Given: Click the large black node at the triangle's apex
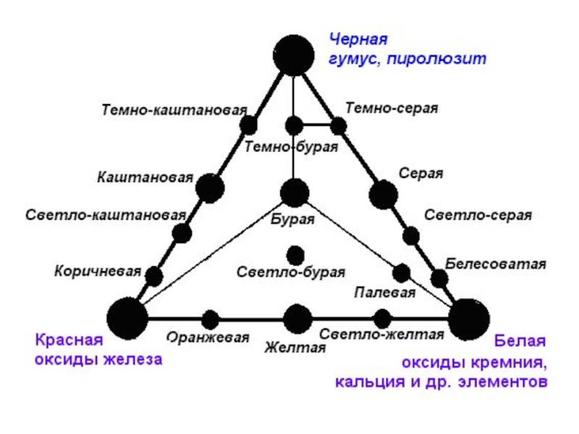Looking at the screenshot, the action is point(294,54).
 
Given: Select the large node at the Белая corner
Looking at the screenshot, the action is point(468,318).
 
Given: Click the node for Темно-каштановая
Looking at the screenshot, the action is point(248,124).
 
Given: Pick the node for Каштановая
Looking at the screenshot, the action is point(210,188).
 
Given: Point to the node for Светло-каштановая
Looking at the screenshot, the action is point(182,233).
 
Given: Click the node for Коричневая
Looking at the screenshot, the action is point(154,276).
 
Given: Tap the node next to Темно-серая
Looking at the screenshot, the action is point(339,126).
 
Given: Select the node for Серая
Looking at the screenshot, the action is point(384,194).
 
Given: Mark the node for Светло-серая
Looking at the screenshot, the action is point(411,235).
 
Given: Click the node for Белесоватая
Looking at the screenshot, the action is point(439,278).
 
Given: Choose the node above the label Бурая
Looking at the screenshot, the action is point(294,192).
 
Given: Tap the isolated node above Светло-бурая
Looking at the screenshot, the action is point(295,255).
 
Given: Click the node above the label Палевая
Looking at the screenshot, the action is point(402,273).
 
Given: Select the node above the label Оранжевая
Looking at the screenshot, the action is point(211,318).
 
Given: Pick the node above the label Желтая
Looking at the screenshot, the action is point(297,318).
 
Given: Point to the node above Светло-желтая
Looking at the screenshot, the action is point(383,318).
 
